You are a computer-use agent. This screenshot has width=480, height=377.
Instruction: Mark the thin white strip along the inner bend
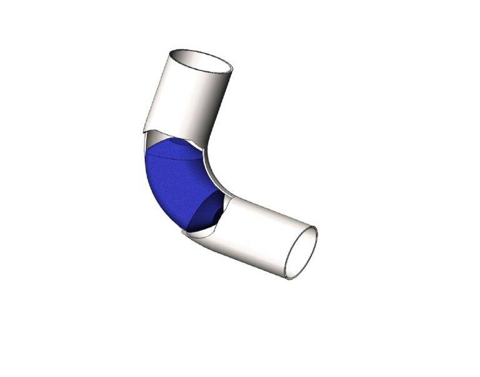(214, 175)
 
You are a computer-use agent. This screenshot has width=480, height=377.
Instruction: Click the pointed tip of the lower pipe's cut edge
(182, 231)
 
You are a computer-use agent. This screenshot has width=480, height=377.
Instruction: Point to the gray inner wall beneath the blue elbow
(201, 234)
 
